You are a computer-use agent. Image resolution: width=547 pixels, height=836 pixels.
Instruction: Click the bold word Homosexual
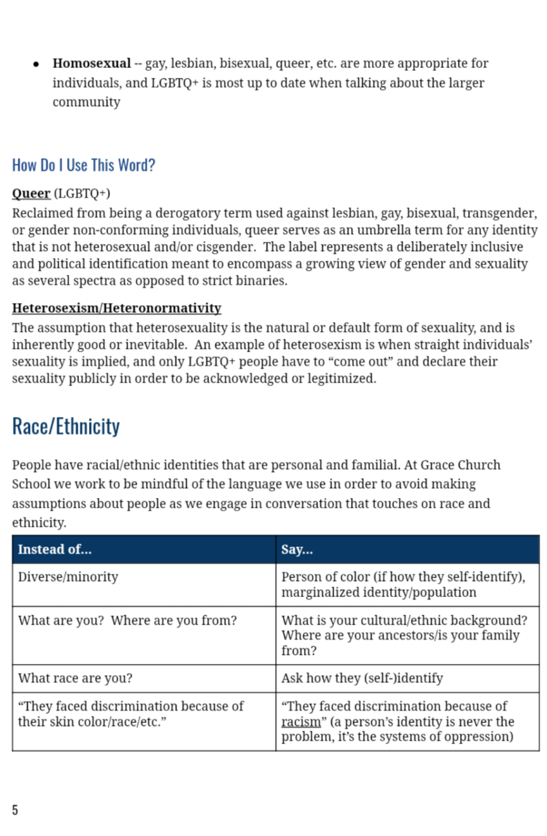click(91, 63)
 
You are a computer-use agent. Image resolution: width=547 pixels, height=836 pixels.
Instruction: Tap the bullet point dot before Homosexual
click(36, 64)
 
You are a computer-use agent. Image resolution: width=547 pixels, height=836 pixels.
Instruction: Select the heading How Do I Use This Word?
click(84, 165)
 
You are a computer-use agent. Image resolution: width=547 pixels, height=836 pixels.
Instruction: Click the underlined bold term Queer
click(31, 193)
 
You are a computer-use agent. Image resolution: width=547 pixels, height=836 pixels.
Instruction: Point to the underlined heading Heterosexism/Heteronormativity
click(117, 308)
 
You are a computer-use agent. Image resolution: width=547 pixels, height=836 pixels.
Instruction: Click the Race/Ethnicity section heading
click(66, 427)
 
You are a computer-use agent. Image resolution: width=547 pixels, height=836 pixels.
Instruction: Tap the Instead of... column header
click(55, 549)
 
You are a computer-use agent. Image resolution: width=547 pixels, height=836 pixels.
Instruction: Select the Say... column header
click(297, 549)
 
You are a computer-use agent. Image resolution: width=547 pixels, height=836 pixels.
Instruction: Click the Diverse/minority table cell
click(68, 577)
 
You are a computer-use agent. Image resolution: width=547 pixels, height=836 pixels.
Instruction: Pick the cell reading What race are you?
click(75, 678)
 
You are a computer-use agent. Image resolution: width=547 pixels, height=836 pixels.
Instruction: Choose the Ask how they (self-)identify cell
click(362, 678)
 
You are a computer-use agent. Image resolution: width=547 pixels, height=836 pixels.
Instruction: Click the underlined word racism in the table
click(301, 722)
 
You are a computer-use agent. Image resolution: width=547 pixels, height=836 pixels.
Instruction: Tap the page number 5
click(15, 809)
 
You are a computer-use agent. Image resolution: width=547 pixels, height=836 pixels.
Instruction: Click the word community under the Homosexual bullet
click(86, 102)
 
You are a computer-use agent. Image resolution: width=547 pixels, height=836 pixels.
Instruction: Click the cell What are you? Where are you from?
click(127, 620)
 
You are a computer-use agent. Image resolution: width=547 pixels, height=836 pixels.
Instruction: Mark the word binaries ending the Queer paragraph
click(261, 281)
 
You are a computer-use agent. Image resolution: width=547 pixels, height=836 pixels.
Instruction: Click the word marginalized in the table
click(320, 592)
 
